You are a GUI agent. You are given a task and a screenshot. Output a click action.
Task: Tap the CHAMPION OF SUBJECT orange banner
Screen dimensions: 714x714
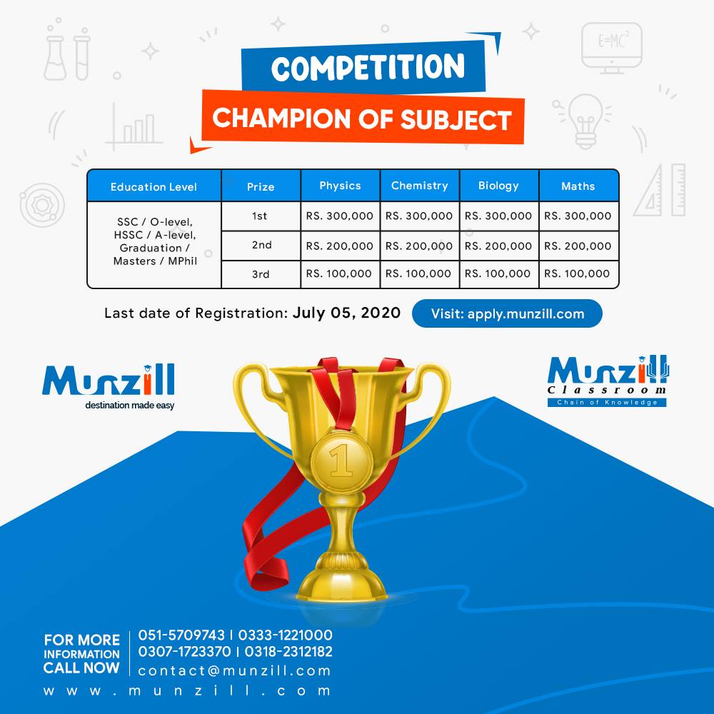click(x=363, y=119)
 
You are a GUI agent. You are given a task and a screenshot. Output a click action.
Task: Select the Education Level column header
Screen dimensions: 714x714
click(x=154, y=186)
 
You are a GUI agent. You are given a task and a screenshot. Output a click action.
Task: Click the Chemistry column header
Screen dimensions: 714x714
click(x=419, y=186)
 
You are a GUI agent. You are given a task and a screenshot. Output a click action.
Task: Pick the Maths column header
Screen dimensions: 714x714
click(x=578, y=186)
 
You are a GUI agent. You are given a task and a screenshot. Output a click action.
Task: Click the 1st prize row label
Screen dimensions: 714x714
click(x=260, y=216)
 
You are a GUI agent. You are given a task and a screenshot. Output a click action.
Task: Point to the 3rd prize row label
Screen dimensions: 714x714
click(x=261, y=274)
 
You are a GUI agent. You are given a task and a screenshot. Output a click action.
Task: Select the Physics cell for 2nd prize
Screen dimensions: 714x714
click(x=340, y=246)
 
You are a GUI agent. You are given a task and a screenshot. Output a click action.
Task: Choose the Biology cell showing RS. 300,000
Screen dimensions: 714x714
click(x=498, y=216)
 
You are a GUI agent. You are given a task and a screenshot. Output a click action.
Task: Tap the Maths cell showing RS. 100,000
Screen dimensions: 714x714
click(x=577, y=273)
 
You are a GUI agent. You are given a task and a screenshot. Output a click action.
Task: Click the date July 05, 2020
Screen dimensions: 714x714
click(x=346, y=313)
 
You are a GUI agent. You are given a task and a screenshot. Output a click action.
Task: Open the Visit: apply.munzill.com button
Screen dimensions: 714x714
click(x=507, y=313)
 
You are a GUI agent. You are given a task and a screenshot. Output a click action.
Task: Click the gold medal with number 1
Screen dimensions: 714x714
click(x=341, y=461)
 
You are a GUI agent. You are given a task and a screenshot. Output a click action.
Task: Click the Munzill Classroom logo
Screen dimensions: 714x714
click(x=608, y=381)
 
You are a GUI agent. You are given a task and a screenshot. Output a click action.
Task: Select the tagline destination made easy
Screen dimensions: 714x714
click(x=130, y=406)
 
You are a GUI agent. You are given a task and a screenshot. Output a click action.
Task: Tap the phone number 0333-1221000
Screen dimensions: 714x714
click(x=285, y=635)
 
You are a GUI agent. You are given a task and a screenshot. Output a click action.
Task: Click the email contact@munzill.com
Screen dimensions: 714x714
click(x=234, y=670)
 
